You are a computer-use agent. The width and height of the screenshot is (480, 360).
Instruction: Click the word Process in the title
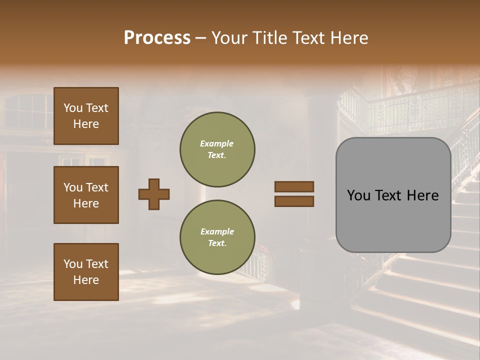click(157, 38)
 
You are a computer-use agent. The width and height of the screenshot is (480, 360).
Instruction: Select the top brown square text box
click(86, 116)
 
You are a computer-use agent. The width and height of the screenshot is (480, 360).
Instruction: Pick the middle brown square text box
click(86, 195)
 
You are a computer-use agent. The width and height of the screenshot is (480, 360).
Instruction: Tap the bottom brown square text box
click(86, 272)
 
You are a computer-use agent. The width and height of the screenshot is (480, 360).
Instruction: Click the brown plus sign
click(154, 194)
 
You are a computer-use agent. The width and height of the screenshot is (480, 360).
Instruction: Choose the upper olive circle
click(217, 149)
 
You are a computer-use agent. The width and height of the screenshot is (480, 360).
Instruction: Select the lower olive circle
click(217, 237)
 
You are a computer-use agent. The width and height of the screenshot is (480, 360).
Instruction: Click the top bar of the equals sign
click(294, 187)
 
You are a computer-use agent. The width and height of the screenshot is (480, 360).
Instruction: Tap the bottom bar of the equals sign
click(294, 201)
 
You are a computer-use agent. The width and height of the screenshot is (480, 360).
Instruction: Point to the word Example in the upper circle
click(216, 143)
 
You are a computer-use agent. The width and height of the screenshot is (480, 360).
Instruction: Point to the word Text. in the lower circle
click(217, 243)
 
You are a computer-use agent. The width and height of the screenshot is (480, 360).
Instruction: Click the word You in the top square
click(73, 108)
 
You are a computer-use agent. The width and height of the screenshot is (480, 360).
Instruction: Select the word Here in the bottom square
click(86, 280)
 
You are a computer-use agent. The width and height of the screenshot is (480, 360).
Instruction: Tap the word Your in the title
click(230, 38)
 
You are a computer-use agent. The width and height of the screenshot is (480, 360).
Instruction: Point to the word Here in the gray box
click(423, 195)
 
